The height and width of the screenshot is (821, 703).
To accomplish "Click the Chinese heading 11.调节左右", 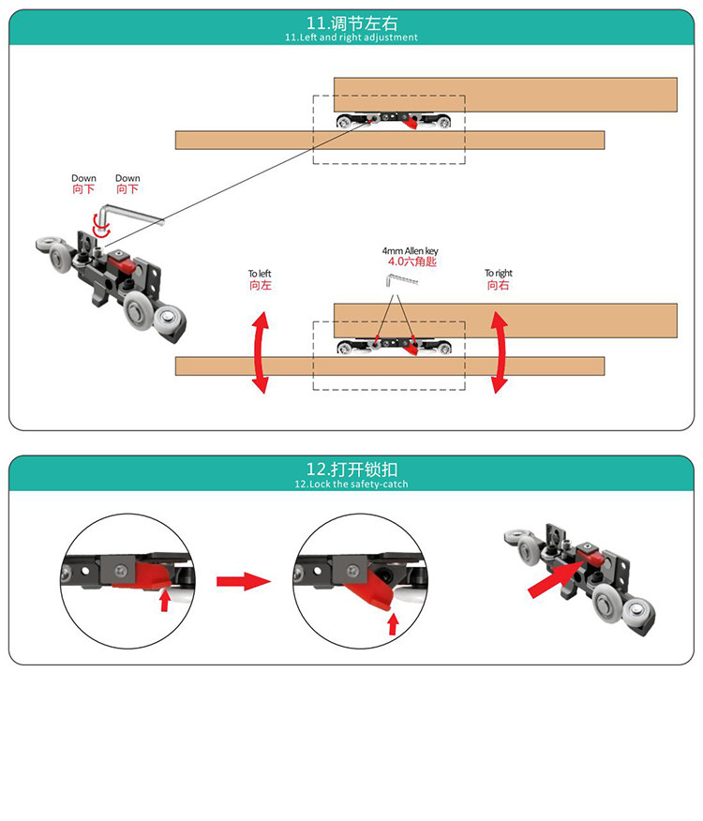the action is pyautogui.click(x=351, y=23).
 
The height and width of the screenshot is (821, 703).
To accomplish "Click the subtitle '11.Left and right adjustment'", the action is pyautogui.click(x=351, y=37).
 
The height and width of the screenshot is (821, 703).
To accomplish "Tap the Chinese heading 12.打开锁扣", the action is pyautogui.click(x=351, y=469).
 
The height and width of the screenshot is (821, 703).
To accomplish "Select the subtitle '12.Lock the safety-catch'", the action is pyautogui.click(x=351, y=485).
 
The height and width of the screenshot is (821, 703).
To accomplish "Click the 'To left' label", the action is pyautogui.click(x=260, y=274).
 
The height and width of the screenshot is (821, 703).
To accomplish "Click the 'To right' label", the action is pyautogui.click(x=498, y=273).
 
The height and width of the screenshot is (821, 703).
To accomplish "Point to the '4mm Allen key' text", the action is pyautogui.click(x=411, y=251).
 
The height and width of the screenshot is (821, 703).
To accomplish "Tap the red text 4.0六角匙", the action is pyautogui.click(x=411, y=261).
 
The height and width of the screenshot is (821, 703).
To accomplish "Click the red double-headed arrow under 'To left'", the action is pyautogui.click(x=261, y=352).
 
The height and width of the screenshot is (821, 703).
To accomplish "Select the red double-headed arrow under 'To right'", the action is pyautogui.click(x=500, y=352).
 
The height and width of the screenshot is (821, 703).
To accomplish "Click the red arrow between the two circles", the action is pyautogui.click(x=244, y=581).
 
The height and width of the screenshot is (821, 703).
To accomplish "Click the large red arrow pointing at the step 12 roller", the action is pyautogui.click(x=557, y=577).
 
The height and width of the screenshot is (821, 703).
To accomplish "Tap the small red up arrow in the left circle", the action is pyautogui.click(x=165, y=600).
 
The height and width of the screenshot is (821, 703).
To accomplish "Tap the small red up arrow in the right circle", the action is pyautogui.click(x=393, y=624).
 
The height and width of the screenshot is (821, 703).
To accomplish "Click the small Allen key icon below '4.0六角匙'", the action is pyautogui.click(x=402, y=279).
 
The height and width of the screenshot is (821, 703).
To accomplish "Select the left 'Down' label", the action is pyautogui.click(x=83, y=179).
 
